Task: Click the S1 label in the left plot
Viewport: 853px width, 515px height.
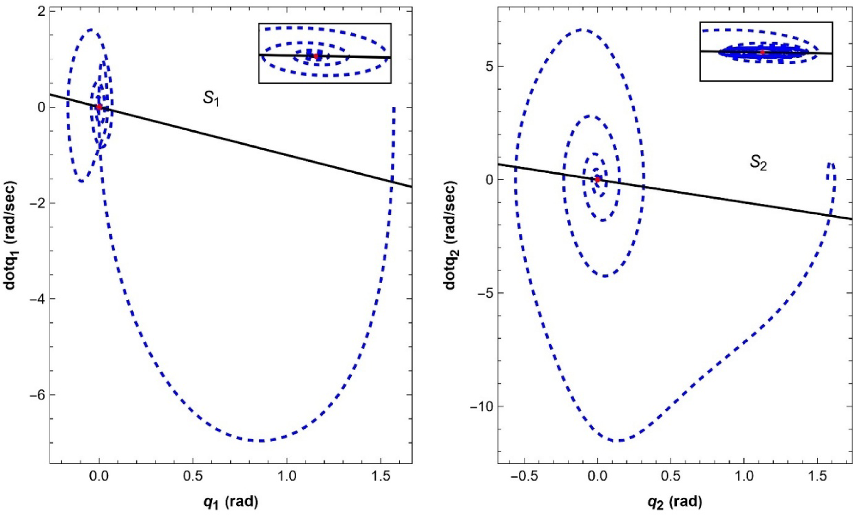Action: click(x=211, y=98)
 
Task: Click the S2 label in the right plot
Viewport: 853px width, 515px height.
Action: click(x=758, y=163)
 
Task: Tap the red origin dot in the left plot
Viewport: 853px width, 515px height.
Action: click(x=99, y=107)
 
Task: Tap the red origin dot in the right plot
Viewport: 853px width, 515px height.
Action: click(x=597, y=179)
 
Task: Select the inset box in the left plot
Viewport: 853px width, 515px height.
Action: click(x=324, y=53)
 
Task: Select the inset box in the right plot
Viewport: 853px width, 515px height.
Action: click(x=766, y=52)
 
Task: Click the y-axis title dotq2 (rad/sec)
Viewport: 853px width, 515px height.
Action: click(x=450, y=235)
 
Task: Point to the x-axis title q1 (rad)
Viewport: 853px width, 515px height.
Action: click(x=230, y=502)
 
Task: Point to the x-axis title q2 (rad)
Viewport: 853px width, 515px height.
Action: click(x=675, y=502)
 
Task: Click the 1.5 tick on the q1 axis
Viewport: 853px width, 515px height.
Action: click(x=381, y=477)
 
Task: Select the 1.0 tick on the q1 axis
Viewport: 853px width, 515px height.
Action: click(x=287, y=477)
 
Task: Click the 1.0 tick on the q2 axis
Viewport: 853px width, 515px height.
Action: click(x=744, y=477)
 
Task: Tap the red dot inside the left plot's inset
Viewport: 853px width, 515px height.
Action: click(x=316, y=56)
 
